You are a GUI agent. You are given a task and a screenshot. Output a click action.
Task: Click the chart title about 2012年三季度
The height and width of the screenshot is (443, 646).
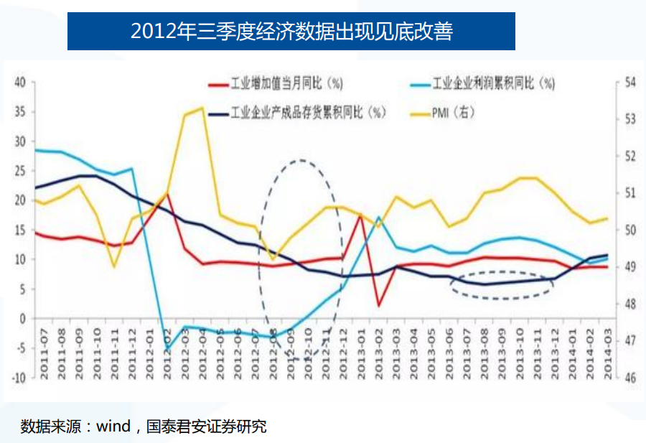click(x=291, y=31)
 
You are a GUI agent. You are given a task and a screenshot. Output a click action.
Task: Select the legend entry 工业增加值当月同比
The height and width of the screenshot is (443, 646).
click(x=276, y=84)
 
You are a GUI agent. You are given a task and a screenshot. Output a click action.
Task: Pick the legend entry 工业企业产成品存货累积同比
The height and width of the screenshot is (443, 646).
click(x=307, y=113)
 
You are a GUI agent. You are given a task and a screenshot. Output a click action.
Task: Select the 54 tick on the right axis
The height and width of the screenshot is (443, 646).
click(x=629, y=82)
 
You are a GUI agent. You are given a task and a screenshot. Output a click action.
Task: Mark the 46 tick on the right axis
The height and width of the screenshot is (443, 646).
click(x=629, y=377)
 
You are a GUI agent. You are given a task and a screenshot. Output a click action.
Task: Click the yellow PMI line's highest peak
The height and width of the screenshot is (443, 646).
click(x=203, y=108)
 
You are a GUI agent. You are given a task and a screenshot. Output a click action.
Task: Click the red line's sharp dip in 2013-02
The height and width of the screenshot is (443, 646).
click(x=378, y=306)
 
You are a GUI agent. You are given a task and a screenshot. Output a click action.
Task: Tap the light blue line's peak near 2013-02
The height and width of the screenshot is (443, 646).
click(x=378, y=217)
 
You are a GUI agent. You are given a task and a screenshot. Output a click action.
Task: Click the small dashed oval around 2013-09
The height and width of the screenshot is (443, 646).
click(x=502, y=285)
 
